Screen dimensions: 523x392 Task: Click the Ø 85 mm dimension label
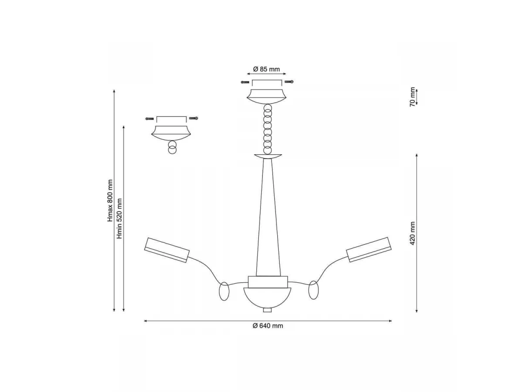click(266, 69)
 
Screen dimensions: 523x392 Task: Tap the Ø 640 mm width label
click(268, 326)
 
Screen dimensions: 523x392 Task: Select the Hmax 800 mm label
click(110, 201)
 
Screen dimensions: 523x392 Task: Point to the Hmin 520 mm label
click(119, 219)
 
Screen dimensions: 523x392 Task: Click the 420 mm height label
click(412, 233)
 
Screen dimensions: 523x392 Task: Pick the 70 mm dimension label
click(412, 97)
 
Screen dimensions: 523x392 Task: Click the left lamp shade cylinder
click(167, 250)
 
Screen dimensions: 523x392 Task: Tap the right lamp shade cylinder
click(369, 250)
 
